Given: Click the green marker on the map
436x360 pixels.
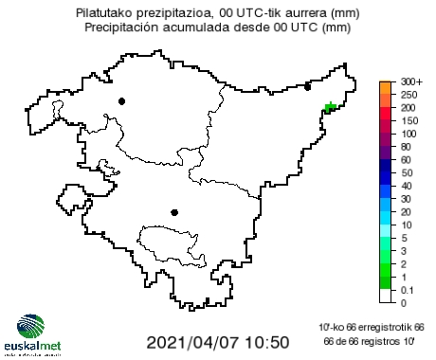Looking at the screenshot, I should click(331, 108).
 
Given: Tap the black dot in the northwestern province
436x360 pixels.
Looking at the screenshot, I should click(121, 100).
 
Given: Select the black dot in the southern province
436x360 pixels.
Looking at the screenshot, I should click(173, 212).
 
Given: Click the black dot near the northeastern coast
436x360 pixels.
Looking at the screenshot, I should click(307, 87).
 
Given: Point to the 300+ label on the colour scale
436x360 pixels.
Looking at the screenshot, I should click(411, 82).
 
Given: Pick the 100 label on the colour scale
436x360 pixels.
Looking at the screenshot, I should click(409, 135).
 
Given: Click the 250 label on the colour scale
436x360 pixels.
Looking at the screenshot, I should click(409, 96).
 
